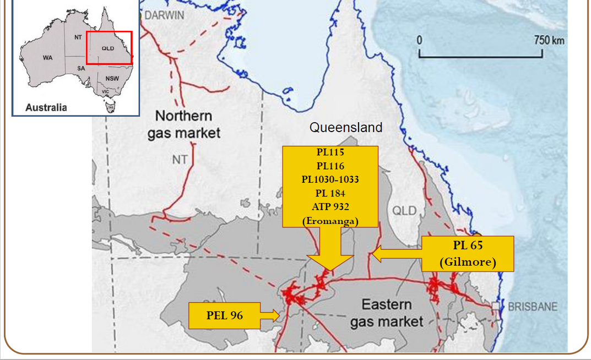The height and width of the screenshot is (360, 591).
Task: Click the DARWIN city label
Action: point(165,15)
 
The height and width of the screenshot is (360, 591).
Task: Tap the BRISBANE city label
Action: point(532,307)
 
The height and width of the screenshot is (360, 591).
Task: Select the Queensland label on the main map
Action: point(345,128)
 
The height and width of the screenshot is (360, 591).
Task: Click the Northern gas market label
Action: point(183,124)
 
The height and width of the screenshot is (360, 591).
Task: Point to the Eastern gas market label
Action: point(387,313)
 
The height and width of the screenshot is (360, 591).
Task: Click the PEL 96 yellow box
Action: point(224,315)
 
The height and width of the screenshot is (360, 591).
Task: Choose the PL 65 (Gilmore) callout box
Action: point(468,254)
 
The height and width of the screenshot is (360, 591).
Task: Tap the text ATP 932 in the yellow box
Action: point(330,207)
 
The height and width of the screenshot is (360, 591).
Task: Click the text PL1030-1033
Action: point(330,179)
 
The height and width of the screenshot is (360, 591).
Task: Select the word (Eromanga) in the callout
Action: point(330,221)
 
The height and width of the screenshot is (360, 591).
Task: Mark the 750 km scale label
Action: point(549,40)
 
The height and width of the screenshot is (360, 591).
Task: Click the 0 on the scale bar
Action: point(420,40)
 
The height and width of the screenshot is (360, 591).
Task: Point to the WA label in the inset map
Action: point(47,58)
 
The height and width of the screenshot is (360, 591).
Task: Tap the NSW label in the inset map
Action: point(112,78)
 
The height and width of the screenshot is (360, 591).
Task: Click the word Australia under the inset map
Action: point(46,107)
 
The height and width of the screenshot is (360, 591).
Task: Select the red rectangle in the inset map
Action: point(109,48)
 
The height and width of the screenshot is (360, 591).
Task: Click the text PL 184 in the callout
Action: point(330,193)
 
